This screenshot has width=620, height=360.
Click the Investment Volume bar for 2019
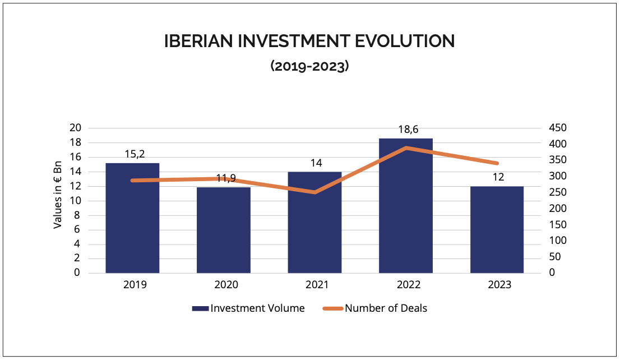(132, 218)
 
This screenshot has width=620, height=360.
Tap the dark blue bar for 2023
(497, 230)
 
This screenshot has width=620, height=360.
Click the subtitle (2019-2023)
(309, 66)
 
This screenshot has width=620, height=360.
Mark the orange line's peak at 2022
(406, 148)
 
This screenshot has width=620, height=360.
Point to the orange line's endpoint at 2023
(497, 163)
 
